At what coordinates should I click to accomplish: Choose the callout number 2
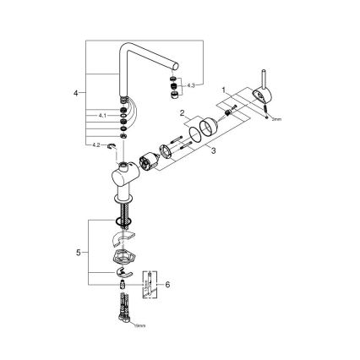tap(181, 112)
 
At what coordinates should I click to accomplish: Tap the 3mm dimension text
tap(272, 121)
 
